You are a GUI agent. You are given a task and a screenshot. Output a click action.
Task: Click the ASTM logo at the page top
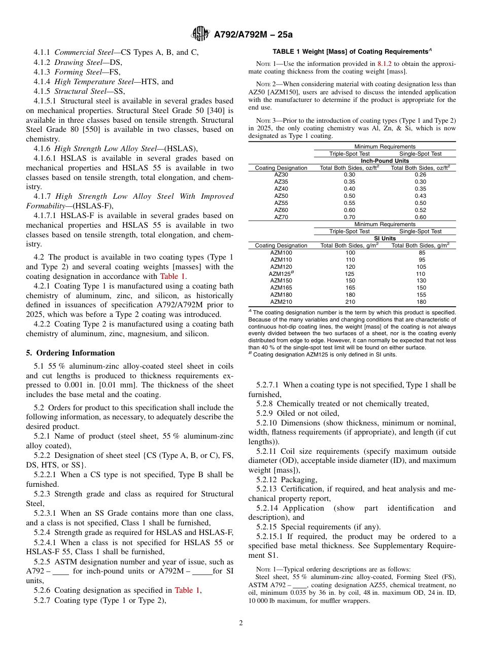pyautogui.click(x=200, y=34)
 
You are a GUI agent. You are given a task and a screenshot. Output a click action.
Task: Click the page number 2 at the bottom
pyautogui.click(x=241, y=623)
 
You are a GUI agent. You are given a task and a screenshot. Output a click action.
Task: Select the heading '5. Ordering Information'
pyautogui.click(x=71, y=353)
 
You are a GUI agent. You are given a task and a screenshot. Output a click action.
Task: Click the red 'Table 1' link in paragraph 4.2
pyautogui.click(x=173, y=276)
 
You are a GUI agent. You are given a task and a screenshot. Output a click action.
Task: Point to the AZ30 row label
pyautogui.click(x=281, y=174)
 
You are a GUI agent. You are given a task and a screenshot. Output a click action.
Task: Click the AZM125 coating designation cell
pyautogui.click(x=281, y=274)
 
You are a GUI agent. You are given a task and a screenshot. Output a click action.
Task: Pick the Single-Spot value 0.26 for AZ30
pyautogui.click(x=420, y=174)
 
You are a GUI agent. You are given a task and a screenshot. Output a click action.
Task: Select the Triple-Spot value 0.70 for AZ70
pyautogui.click(x=350, y=217)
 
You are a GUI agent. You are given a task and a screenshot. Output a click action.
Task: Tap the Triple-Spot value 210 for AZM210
pyautogui.click(x=350, y=302)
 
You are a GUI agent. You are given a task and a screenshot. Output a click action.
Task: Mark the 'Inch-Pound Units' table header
pyautogui.click(x=385, y=161)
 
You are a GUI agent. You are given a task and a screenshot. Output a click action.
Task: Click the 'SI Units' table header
pyautogui.click(x=385, y=238)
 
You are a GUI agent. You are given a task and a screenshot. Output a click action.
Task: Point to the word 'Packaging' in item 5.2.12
pyautogui.click(x=299, y=480)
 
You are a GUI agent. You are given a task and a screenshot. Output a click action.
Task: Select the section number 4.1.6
pyautogui.click(x=43, y=148)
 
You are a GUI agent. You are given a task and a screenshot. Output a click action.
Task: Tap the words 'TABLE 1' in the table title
pyautogui.click(x=288, y=52)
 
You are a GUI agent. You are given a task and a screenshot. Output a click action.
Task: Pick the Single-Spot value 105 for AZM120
pyautogui.click(x=421, y=267)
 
